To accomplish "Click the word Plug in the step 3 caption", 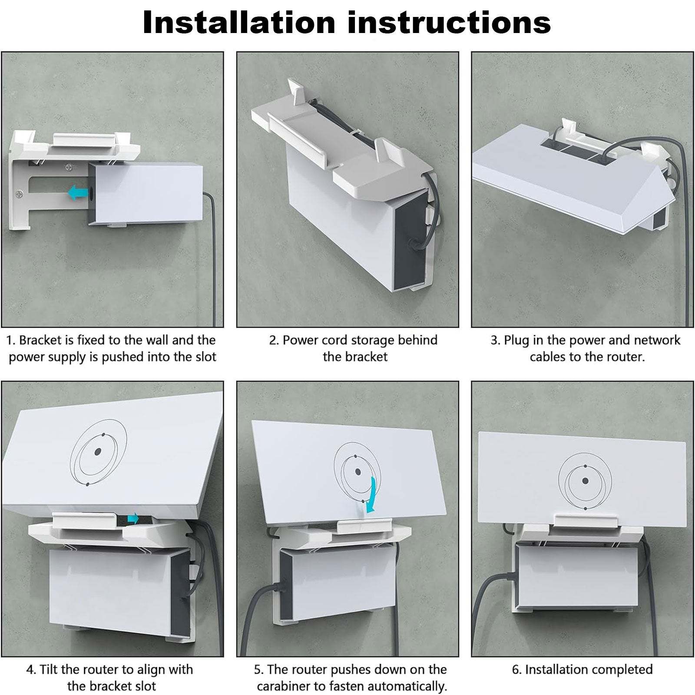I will (x=516, y=340).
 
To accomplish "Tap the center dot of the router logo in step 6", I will (x=585, y=481).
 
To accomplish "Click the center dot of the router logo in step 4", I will (x=98, y=452).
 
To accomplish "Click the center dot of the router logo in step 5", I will (x=358, y=472).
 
